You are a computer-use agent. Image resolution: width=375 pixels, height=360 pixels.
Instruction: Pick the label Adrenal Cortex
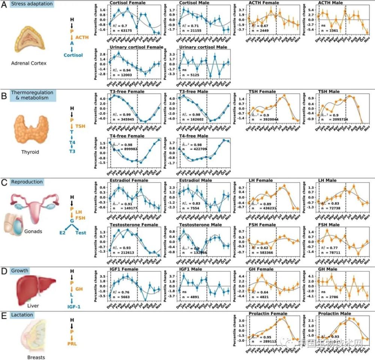29,63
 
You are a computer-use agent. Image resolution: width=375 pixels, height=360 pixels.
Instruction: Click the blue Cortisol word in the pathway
73,55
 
